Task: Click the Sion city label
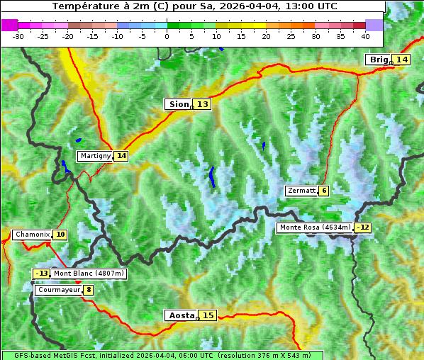(x=179, y=104)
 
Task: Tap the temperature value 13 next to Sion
(x=203, y=104)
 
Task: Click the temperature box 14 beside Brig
(x=402, y=60)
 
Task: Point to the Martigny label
(x=95, y=156)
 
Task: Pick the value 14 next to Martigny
(x=121, y=156)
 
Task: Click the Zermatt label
(x=301, y=191)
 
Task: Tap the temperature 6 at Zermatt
(x=324, y=191)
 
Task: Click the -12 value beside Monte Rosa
(x=363, y=227)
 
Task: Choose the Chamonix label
(x=32, y=235)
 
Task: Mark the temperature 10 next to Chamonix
(x=61, y=235)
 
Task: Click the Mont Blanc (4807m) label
(x=89, y=274)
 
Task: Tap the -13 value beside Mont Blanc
(x=42, y=274)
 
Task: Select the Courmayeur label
(x=58, y=290)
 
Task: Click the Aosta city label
(x=180, y=315)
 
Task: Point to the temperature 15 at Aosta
(x=208, y=315)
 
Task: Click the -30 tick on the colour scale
(x=18, y=35)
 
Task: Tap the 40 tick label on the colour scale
(x=365, y=35)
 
